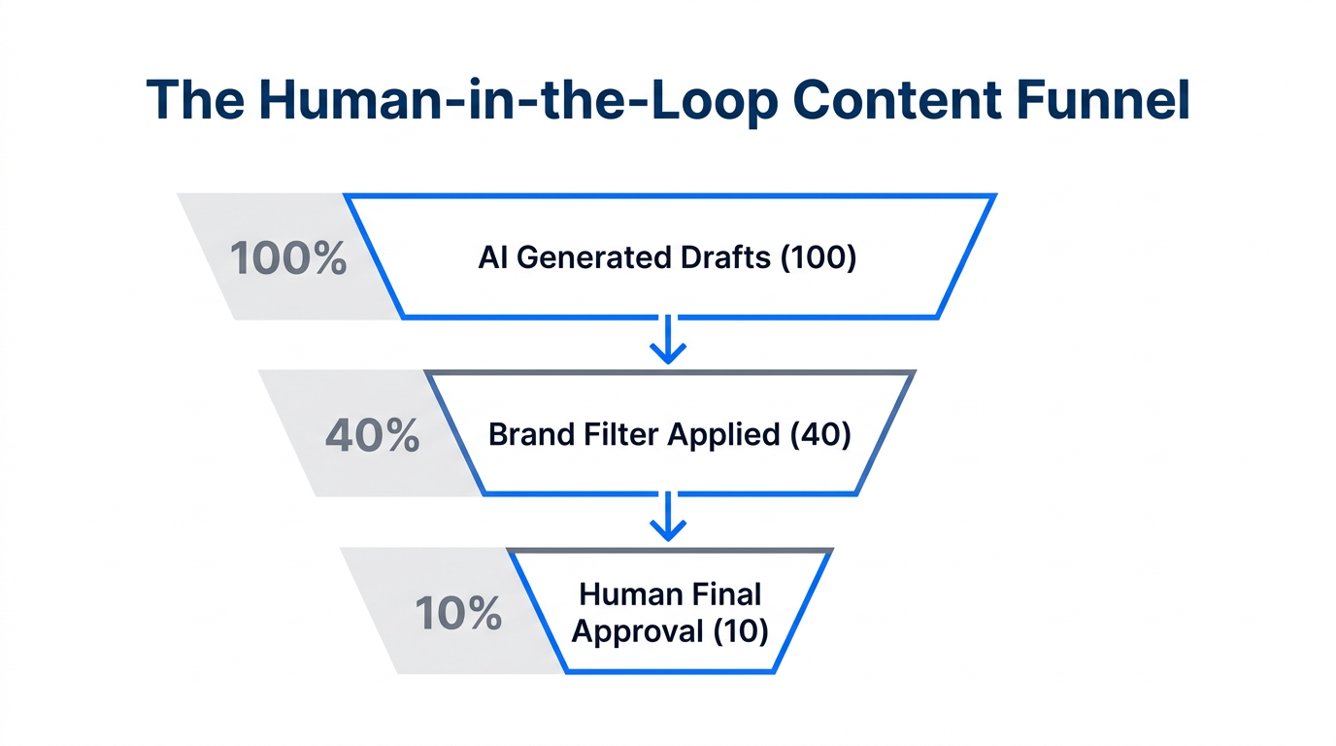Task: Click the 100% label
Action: tap(288, 258)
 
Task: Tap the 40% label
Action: tap(372, 436)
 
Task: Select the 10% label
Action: tap(458, 614)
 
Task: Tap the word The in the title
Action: tap(197, 100)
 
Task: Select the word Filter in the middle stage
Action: tap(617, 434)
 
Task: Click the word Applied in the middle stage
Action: tap(722, 436)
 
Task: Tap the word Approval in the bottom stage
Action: tap(637, 632)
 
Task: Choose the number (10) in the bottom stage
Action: tap(741, 632)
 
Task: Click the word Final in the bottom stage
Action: tap(727, 593)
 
